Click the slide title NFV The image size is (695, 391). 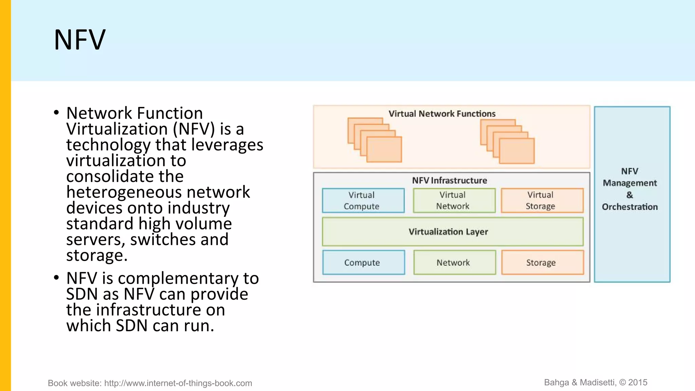tap(80, 40)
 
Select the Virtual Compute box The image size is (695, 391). tap(363, 201)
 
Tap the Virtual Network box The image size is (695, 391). tap(454, 201)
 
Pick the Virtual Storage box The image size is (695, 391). tap(542, 201)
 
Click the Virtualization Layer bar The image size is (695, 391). tap(452, 232)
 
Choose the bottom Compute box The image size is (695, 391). tap(363, 262)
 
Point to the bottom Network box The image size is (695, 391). tap(454, 262)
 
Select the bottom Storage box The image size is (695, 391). tap(542, 262)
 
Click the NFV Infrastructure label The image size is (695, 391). tap(449, 181)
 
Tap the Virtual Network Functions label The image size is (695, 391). tap(442, 114)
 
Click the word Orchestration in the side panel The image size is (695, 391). tap(630, 207)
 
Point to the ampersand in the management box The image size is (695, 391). tap(630, 195)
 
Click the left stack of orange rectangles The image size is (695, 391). tap(375, 140)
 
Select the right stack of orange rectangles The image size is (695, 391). tap(507, 141)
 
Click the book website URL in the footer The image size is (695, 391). tap(178, 383)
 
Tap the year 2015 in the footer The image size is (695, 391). tap(638, 383)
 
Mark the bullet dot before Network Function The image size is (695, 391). tap(56, 113)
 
